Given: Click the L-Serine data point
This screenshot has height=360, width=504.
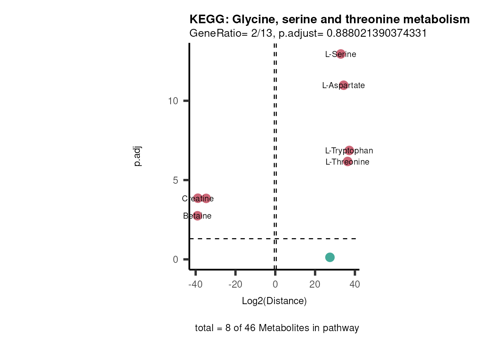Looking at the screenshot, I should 340,54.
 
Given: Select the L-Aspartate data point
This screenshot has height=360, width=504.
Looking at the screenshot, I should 343,85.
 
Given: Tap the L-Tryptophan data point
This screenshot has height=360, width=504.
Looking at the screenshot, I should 349,150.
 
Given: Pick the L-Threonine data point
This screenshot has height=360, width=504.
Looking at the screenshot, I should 348,162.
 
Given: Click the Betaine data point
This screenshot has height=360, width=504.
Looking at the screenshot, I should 197,216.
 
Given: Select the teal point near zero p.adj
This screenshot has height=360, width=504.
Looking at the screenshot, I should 330,257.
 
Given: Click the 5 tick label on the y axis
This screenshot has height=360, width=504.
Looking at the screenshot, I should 175,180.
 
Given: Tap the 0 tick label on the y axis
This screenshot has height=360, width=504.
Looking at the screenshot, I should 175,259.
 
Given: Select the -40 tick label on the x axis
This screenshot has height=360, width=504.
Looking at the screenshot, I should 195,284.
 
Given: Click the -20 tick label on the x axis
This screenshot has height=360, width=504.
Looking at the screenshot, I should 235,284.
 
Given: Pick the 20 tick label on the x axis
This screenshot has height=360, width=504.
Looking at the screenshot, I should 315,284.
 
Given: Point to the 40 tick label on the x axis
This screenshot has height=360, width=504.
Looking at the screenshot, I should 355,284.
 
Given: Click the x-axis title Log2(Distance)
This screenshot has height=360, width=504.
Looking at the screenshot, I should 274,301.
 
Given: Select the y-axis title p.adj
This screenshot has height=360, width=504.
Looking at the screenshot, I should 138,156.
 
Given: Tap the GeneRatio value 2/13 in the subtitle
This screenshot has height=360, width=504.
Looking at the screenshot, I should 262,33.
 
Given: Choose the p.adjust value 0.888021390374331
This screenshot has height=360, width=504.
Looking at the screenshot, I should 376,33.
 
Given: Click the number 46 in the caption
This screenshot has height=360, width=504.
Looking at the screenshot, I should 250,328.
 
